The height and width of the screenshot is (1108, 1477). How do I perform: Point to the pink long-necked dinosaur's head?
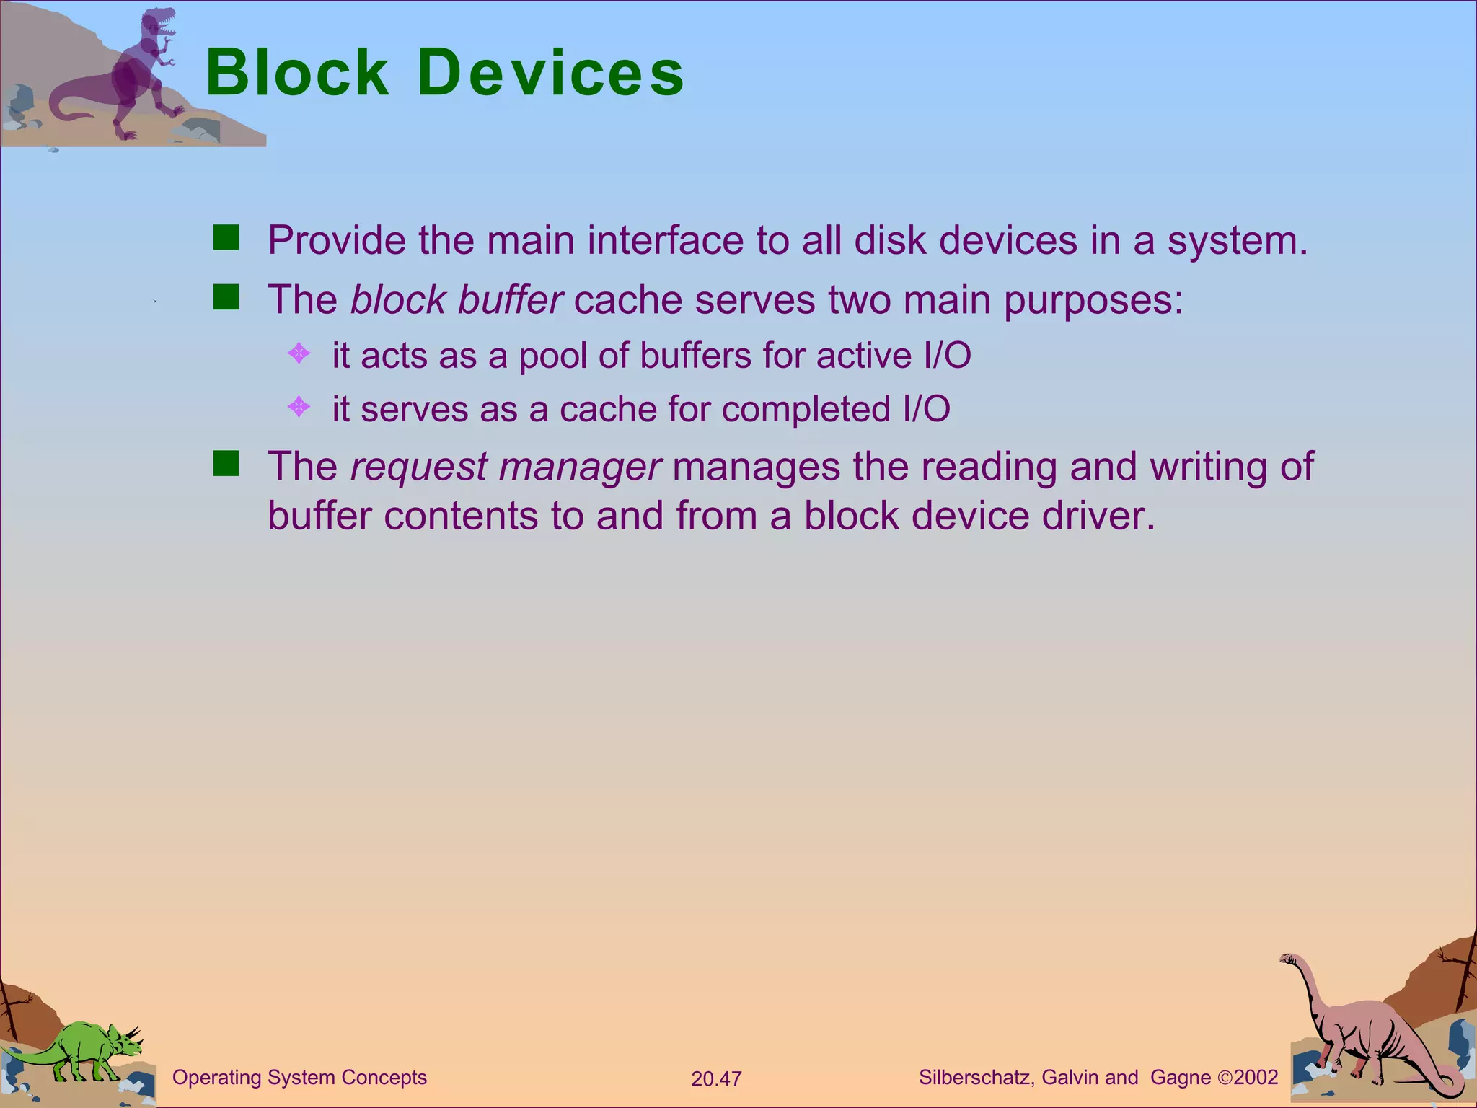[1289, 959]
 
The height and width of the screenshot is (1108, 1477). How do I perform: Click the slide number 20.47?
[716, 1078]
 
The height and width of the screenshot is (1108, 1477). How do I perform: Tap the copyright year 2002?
[1256, 1077]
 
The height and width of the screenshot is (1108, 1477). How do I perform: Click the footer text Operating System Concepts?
[299, 1077]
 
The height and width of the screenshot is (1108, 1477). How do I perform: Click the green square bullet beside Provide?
[226, 237]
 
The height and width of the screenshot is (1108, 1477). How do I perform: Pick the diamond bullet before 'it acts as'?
[299, 353]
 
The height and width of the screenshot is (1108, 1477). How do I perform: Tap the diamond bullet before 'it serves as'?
[299, 408]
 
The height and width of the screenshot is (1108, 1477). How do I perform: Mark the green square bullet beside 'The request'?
[226, 464]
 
